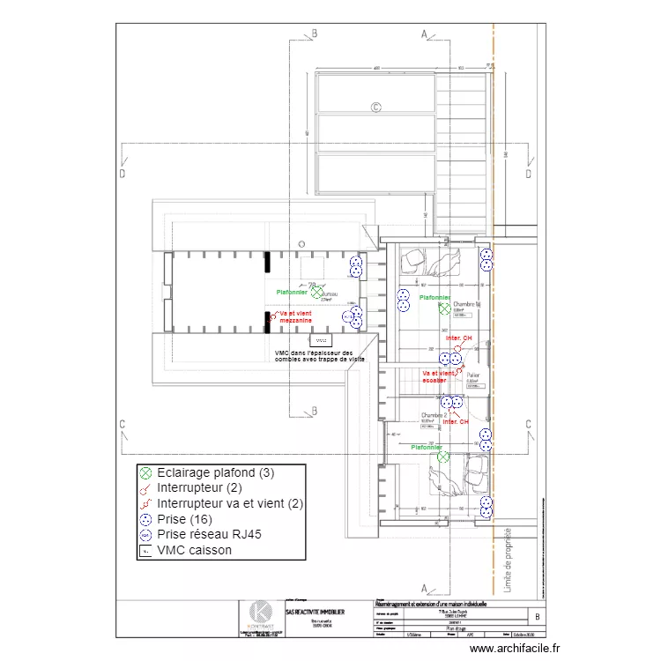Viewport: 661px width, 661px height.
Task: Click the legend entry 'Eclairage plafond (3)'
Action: tap(215, 472)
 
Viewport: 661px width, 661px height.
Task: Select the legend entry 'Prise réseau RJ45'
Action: tap(209, 534)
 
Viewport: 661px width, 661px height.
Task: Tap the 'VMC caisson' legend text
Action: tap(194, 550)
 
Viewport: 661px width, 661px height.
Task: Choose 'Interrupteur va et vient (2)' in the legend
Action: tap(229, 503)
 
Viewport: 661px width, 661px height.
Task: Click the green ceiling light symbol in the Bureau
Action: tap(316, 291)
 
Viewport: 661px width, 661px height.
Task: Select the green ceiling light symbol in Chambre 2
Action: tap(444, 457)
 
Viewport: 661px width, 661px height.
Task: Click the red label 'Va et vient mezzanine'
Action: tap(295, 317)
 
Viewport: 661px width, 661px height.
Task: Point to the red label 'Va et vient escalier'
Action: tap(439, 376)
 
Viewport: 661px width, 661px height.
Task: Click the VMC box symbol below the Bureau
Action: tap(320, 339)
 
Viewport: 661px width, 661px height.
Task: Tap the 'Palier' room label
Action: tap(473, 375)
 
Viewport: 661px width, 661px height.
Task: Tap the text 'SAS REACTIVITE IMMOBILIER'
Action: tap(315, 611)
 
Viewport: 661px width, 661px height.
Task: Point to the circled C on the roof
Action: tap(375, 108)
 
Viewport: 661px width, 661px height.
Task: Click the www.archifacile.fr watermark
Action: tap(515, 648)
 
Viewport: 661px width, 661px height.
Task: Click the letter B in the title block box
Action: tap(538, 618)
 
